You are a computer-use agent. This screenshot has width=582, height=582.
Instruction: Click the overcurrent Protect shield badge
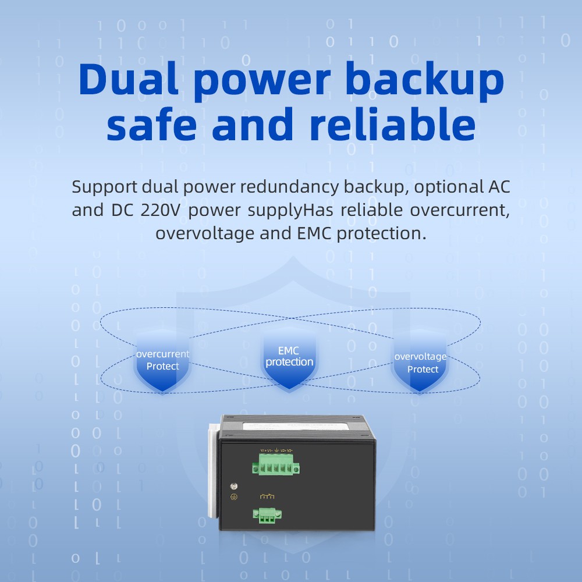click(162, 361)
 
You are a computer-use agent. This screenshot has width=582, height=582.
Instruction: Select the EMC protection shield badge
click(289, 358)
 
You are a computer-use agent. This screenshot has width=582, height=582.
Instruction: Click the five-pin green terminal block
click(276, 465)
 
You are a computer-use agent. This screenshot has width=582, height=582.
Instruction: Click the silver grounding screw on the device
click(233, 486)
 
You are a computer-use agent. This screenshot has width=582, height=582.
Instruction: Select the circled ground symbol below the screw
click(233, 496)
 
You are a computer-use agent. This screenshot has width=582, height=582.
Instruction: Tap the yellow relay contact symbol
click(267, 496)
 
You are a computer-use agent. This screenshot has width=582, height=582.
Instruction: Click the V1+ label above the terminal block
click(263, 450)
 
